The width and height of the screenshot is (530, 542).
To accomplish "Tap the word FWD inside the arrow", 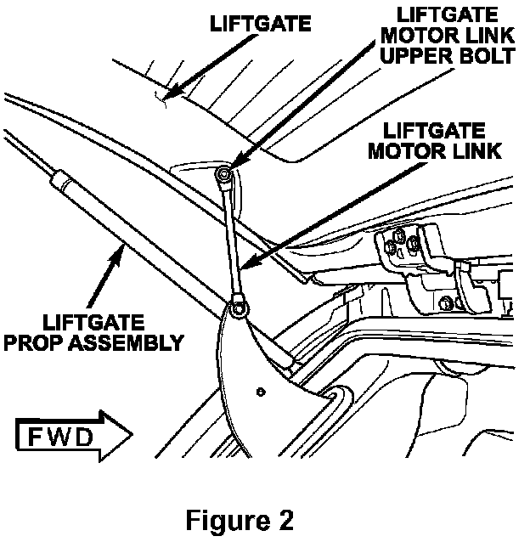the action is point(60,437).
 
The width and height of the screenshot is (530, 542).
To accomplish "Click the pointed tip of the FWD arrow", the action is point(132,435).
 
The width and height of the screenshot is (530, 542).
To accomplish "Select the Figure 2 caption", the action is point(240,520).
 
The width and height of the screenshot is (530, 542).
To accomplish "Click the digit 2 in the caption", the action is point(285,520).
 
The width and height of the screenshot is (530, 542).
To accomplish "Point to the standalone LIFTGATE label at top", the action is point(260,24).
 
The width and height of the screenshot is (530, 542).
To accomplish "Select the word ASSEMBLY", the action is point(127,342).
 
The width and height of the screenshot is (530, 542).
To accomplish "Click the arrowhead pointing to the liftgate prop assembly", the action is point(117,255).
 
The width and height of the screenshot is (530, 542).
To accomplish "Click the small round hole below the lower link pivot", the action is point(261,392).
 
